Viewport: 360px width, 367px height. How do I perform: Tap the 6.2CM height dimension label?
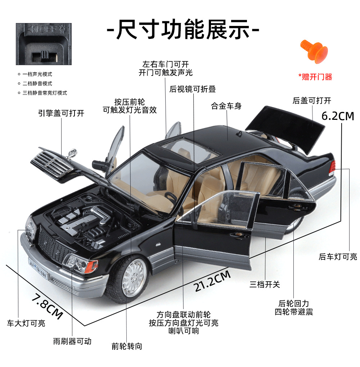point(338,116)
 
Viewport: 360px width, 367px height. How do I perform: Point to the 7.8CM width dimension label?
point(47,306)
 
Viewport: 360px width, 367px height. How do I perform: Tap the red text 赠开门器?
point(315,77)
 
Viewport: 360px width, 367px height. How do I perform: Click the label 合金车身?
point(226,106)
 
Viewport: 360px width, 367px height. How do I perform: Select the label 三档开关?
point(265,285)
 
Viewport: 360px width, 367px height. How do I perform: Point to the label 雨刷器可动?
point(72,341)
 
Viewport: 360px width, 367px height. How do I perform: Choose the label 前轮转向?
point(127,346)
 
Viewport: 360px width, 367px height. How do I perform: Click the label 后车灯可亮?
point(338,257)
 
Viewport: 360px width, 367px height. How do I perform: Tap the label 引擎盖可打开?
point(61,113)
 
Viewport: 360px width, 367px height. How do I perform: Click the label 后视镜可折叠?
point(193,89)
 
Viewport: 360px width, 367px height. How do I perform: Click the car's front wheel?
point(132,276)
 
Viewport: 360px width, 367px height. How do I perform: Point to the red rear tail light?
point(333,166)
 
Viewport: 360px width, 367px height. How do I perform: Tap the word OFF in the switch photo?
point(46,29)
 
